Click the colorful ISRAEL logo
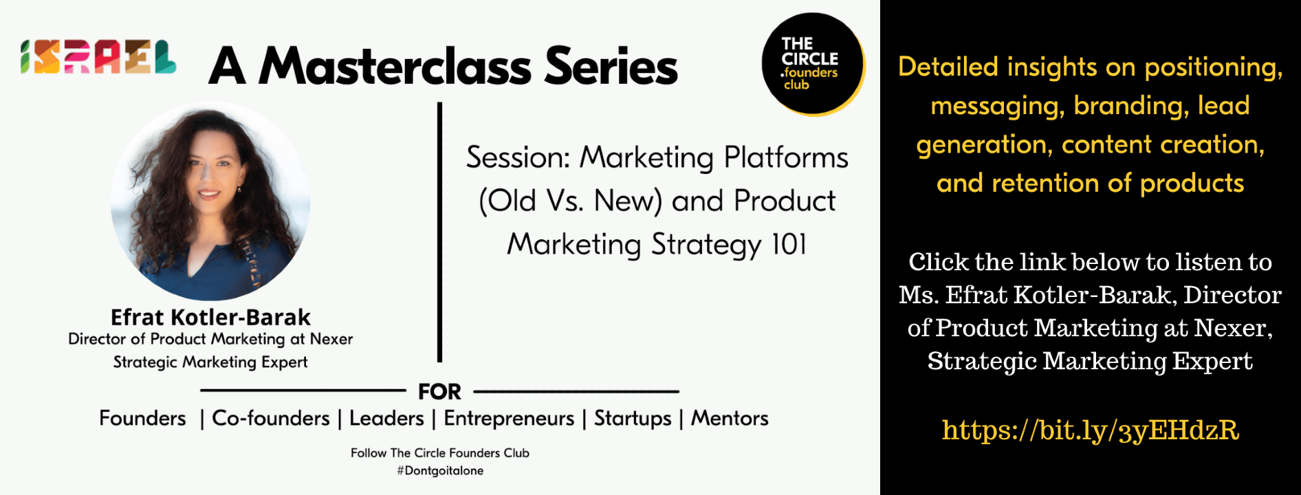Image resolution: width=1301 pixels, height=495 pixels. point(98,57)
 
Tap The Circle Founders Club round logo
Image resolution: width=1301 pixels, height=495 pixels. point(813,64)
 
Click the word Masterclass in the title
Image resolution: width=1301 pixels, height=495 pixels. point(395,67)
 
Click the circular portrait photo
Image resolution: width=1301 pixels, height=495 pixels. point(210,201)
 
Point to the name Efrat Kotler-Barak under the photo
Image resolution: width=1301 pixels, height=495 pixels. point(210,317)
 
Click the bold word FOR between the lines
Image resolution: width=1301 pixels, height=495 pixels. point(439,392)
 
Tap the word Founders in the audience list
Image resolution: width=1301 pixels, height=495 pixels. point(142,418)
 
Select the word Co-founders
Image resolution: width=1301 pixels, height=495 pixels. point(271,418)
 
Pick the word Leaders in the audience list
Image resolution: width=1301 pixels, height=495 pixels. point(386,418)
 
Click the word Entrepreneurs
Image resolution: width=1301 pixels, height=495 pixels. point(509,419)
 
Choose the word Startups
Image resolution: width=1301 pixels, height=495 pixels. point(633,419)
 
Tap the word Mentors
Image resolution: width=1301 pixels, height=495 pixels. point(730,418)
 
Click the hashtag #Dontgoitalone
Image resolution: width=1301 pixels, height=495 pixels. point(440,471)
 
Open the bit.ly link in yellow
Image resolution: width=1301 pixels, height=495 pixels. point(1090,430)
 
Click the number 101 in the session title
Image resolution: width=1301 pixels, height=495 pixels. point(789,244)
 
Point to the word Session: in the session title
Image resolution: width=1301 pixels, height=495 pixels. point(518,157)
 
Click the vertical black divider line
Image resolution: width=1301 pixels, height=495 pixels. point(439,232)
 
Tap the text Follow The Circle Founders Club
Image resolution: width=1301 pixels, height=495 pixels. point(440,453)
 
